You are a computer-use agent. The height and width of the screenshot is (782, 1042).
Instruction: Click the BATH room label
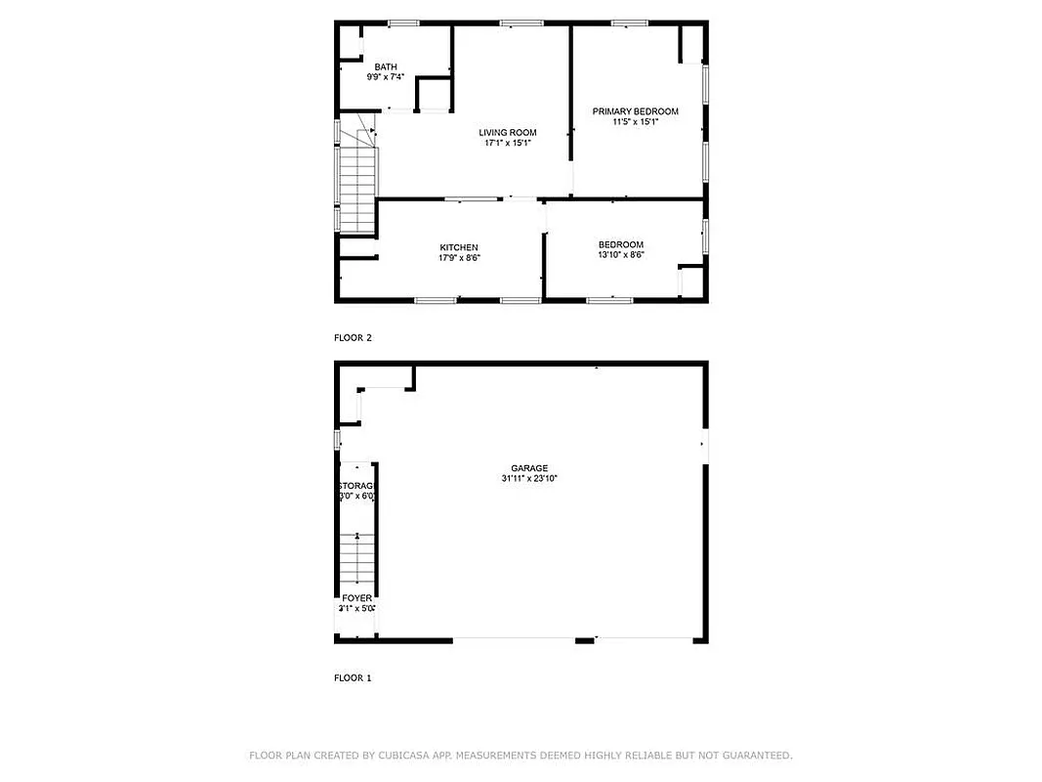[386, 66]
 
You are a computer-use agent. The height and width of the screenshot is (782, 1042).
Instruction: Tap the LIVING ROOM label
[507, 133]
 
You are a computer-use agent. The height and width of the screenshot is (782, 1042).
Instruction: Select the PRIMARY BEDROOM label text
[635, 111]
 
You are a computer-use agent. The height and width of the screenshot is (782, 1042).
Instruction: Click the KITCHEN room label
[459, 247]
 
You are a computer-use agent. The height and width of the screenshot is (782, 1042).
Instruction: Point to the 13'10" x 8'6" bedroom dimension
[621, 255]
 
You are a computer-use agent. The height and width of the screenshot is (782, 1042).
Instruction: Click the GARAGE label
[528, 468]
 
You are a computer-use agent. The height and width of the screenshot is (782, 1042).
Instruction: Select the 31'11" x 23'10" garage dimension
[528, 479]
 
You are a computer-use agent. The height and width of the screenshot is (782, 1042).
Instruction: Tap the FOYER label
[356, 598]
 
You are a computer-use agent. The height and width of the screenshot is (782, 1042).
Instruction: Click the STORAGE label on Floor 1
[357, 486]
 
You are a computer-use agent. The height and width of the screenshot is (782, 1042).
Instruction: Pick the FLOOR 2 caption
[353, 338]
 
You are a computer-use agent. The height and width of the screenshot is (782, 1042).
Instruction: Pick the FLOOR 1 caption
[353, 677]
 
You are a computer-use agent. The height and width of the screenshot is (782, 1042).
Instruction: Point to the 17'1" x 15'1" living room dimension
[507, 144]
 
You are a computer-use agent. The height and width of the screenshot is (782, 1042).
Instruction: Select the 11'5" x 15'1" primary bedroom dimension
[635, 122]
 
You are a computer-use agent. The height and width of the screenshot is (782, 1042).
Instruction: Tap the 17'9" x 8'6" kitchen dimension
[459, 258]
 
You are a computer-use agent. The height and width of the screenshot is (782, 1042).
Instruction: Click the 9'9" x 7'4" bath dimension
[386, 76]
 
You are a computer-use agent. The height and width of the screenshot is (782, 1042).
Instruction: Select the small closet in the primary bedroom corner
[690, 44]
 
